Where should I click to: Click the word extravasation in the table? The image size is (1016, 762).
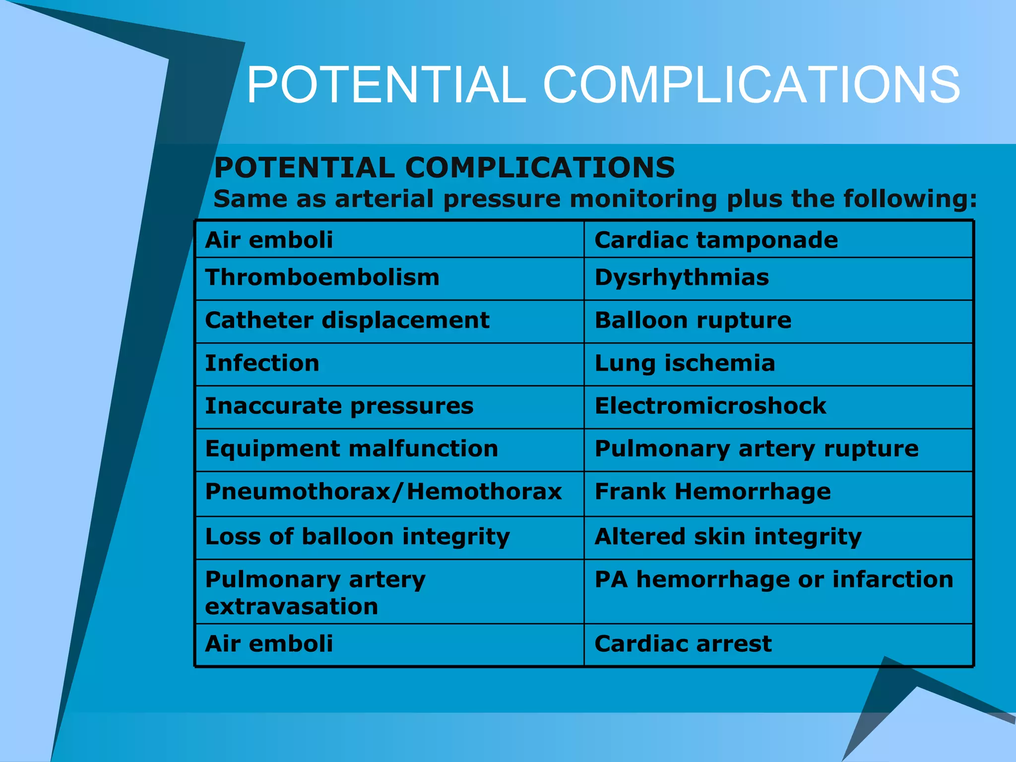coord(292,607)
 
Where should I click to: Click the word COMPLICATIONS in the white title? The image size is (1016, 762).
coord(752,85)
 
